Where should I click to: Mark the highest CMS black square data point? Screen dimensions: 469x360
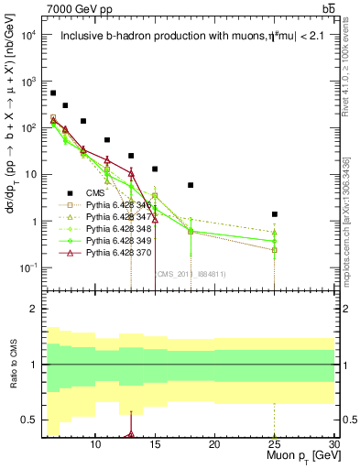[x=53, y=93]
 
